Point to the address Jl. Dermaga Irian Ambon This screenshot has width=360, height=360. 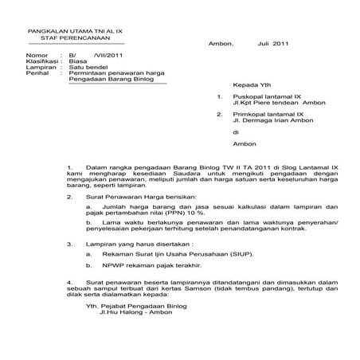click(x=274, y=122)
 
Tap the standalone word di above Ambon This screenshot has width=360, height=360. click(x=235, y=133)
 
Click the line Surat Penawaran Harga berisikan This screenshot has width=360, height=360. click(x=135, y=196)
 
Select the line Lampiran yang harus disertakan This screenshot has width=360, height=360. click(x=139, y=243)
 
